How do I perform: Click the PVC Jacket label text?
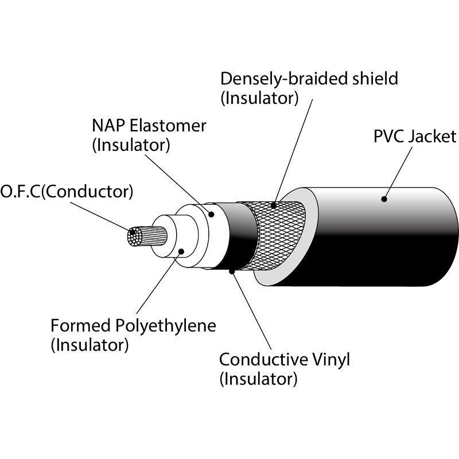414,137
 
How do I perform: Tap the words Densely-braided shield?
309,78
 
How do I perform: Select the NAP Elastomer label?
149,126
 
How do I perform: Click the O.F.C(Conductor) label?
67,192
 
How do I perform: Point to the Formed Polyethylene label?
133,326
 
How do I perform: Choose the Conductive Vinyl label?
284,360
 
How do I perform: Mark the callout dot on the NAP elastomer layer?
211,215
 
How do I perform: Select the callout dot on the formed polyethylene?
181,251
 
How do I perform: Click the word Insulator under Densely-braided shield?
260,98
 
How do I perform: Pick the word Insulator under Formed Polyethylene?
90,345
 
